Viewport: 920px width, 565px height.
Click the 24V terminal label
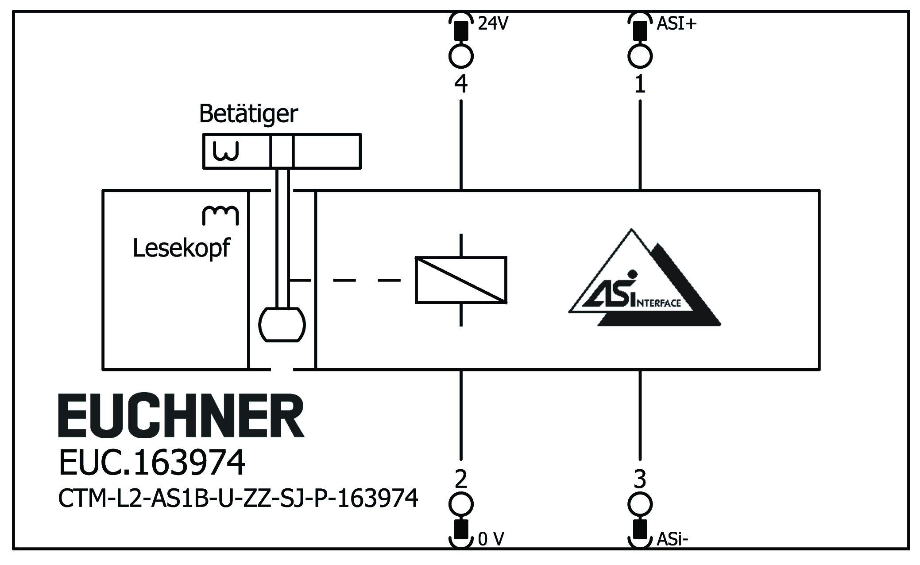493,23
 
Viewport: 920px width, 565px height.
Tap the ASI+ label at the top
676,23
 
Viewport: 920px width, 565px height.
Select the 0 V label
491,539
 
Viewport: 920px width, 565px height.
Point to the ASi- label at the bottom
672,539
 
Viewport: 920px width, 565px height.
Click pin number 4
461,84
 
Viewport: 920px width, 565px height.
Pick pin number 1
640,84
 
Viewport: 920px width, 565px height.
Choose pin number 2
461,479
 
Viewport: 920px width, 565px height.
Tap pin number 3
640,479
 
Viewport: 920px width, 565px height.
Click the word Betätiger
248,114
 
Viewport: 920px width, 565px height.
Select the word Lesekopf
182,248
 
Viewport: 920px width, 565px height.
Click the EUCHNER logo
181,416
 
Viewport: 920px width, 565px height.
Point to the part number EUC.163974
152,463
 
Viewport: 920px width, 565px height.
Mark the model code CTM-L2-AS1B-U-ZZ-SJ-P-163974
238,499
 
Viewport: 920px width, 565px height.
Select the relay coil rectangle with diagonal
461,280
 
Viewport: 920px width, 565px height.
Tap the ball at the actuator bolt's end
282,325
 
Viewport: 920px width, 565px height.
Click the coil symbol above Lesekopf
220,215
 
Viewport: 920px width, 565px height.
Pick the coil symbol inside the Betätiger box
226,151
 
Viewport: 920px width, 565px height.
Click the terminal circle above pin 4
461,56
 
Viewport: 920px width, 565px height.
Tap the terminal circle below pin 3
640,504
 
